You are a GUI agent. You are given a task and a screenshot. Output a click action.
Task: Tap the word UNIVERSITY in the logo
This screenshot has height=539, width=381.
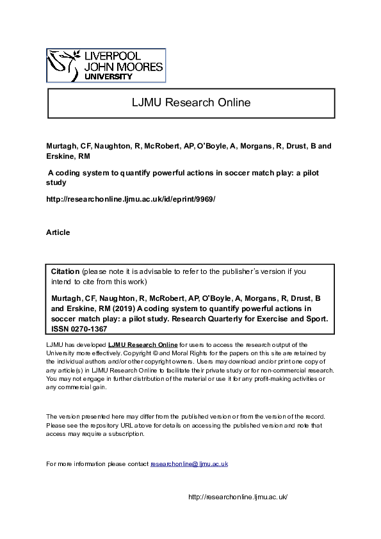click(109, 76)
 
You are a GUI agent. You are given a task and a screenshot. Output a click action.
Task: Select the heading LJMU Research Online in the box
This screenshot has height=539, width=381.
click(191, 102)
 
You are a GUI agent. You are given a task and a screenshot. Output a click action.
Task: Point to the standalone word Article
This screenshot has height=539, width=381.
click(58, 232)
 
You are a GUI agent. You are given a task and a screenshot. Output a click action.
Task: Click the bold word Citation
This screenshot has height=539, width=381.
click(65, 271)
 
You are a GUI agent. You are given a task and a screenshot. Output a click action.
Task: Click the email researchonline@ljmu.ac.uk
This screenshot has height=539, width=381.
click(189, 463)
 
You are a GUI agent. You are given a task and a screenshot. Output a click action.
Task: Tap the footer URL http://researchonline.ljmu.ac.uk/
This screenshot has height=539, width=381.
click(238, 497)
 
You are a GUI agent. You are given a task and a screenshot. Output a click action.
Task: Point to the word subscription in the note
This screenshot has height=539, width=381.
click(126, 433)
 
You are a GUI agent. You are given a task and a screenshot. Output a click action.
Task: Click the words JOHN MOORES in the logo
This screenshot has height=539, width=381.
click(124, 67)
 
